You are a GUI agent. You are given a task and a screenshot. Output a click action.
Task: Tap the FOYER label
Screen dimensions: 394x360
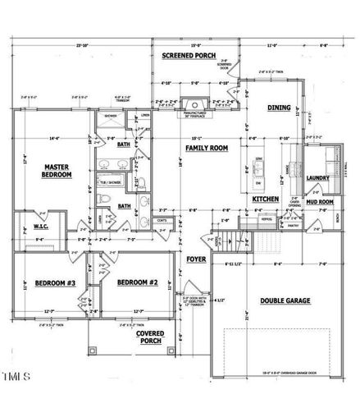(x=196, y=259)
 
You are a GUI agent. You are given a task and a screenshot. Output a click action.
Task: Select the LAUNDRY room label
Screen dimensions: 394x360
(x=317, y=176)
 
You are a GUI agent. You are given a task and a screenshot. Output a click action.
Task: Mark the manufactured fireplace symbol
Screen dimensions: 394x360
(x=193, y=105)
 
